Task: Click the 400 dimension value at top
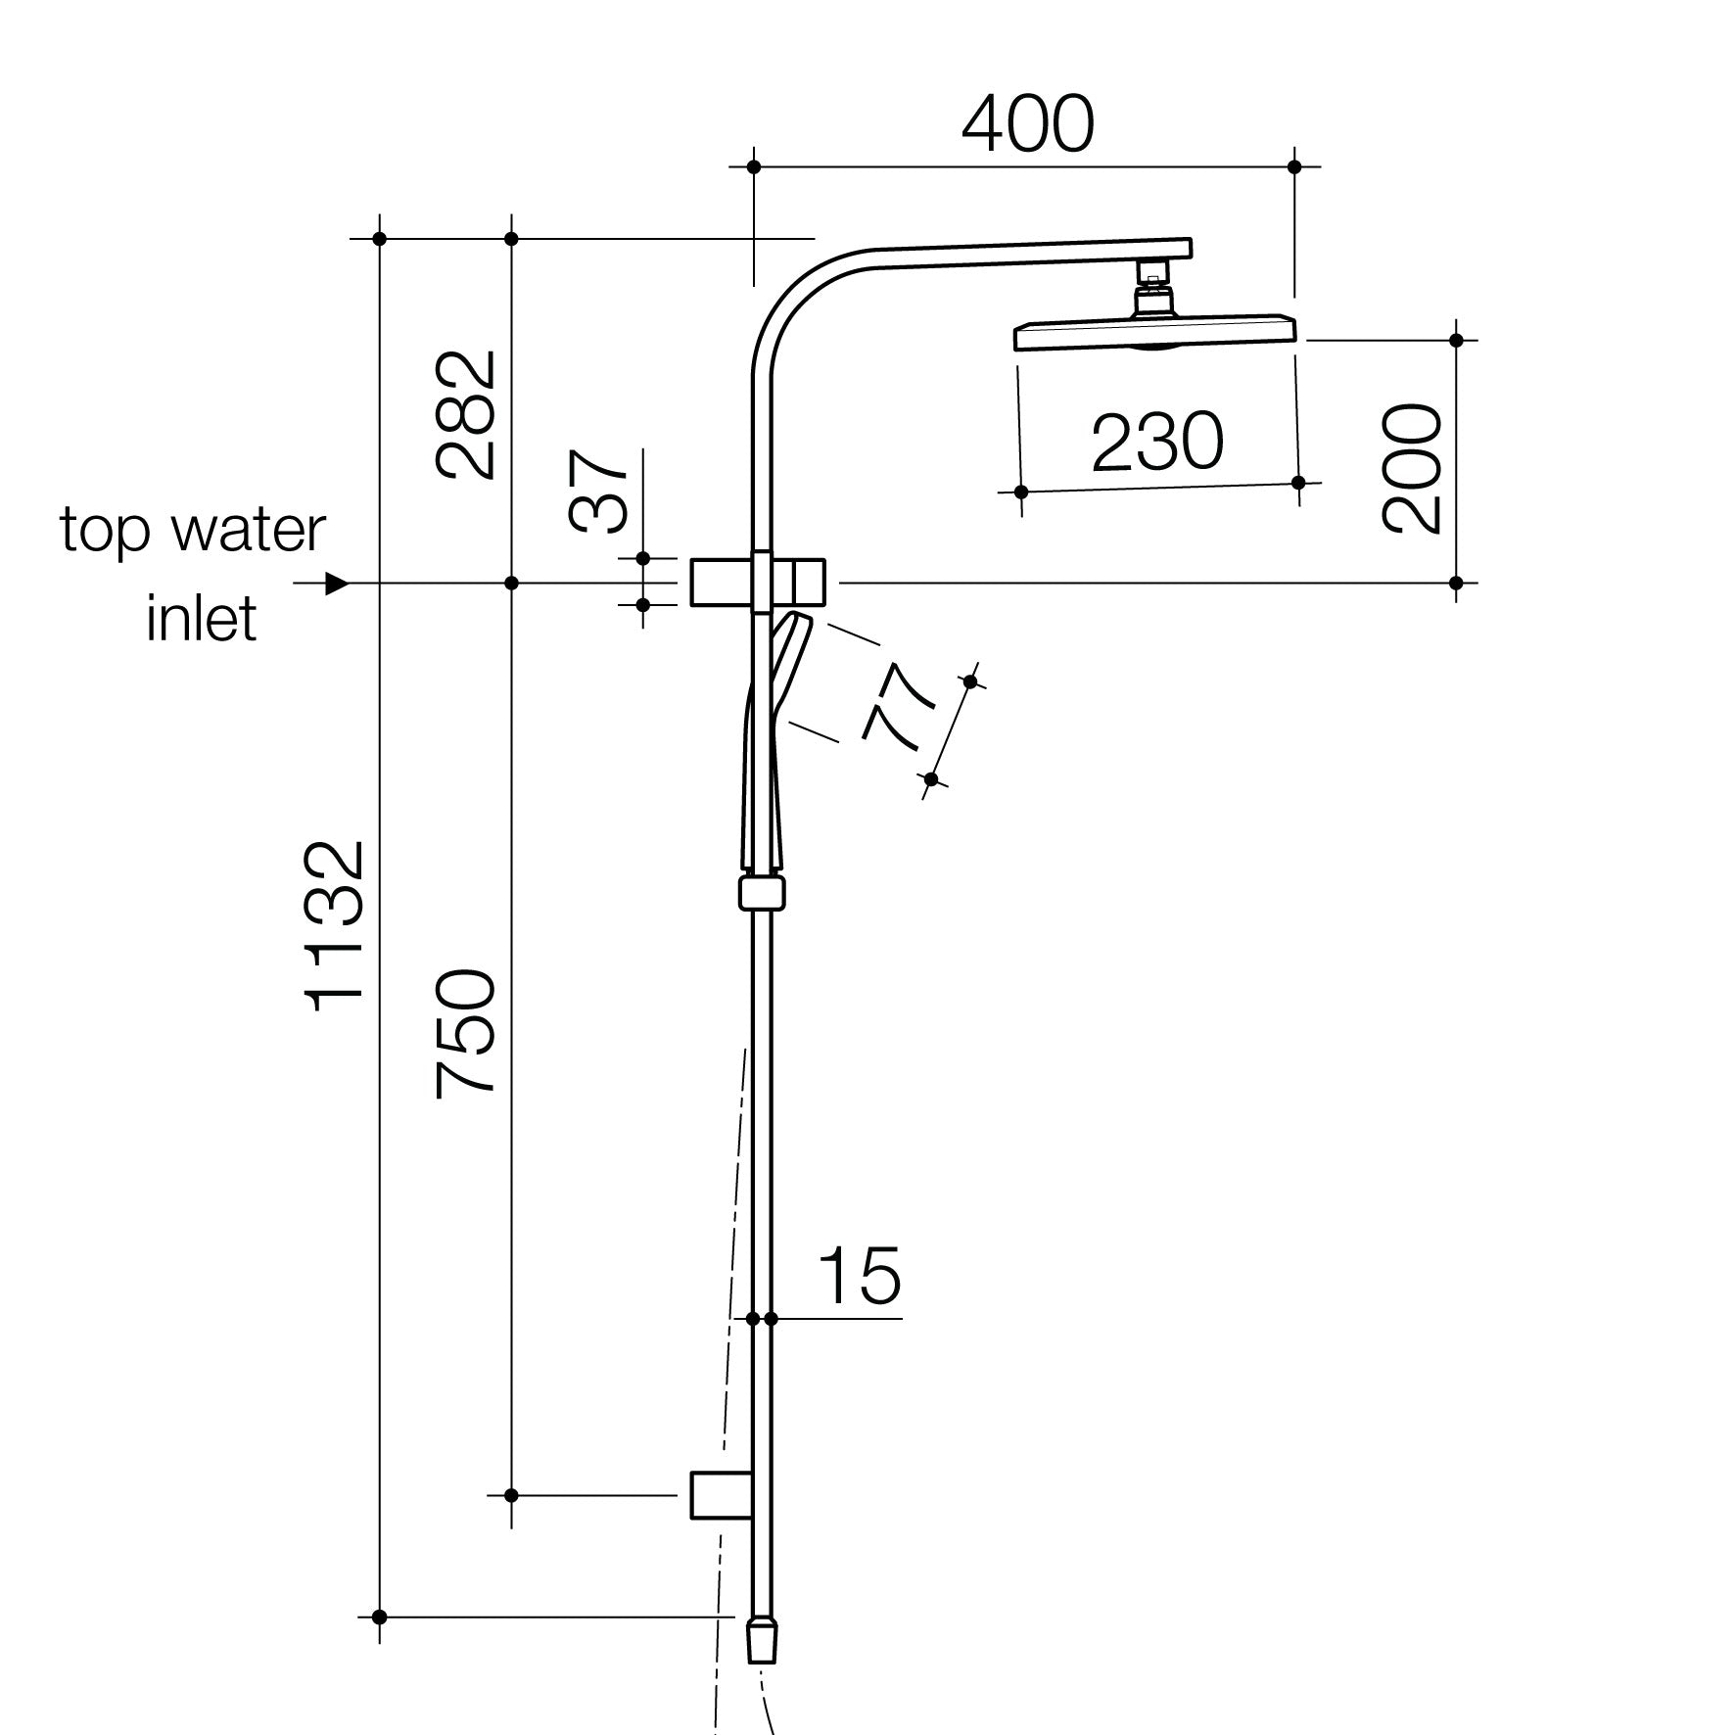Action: point(1027,125)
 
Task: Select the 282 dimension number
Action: point(467,415)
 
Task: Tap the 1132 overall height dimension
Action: point(336,926)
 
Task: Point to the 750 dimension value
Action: point(467,1033)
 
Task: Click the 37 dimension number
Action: point(598,492)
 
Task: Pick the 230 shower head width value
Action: point(1157,443)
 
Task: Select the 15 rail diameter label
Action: point(859,1276)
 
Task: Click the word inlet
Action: point(202,619)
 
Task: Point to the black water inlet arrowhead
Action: point(337,584)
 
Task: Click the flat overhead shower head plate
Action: point(1155,334)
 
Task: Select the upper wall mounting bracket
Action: point(758,583)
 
